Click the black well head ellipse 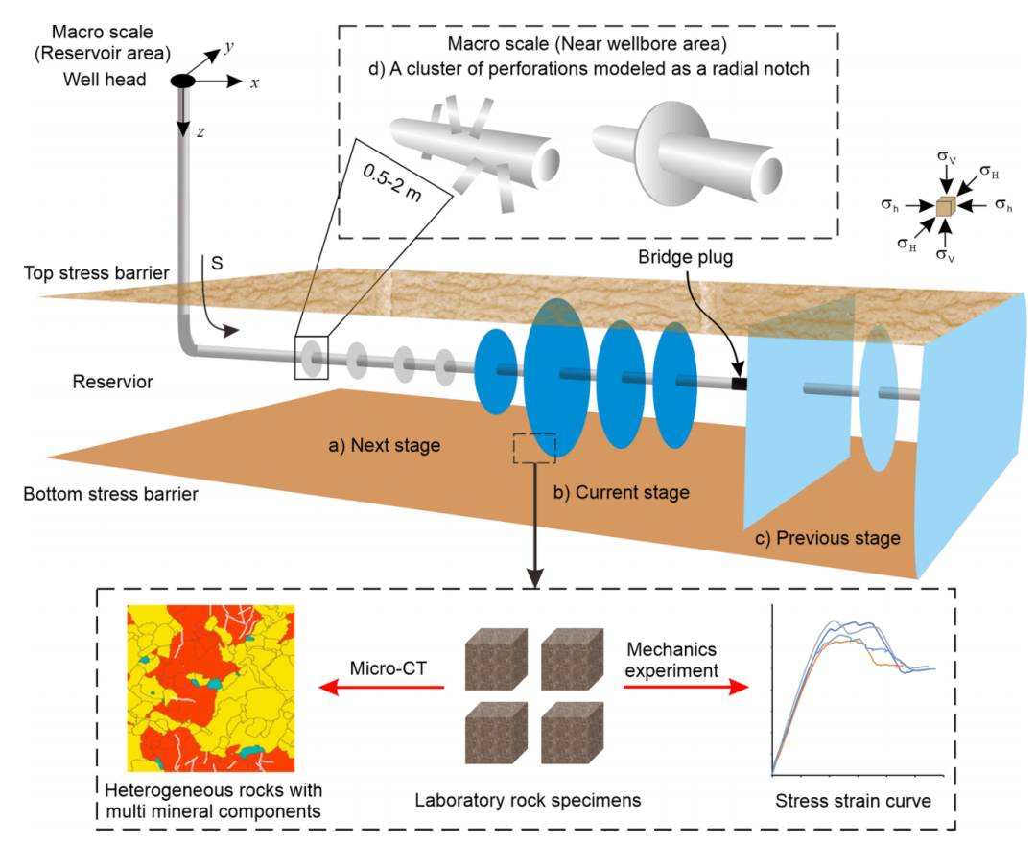point(182,82)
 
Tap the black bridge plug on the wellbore point(739,384)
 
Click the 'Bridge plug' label point(685,257)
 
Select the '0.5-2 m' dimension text point(392,183)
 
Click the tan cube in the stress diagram point(946,206)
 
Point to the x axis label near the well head point(254,83)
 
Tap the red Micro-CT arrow point(381,688)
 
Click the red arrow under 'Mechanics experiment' point(686,687)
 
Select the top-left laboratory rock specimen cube point(496,659)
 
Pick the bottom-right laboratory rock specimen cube point(572,733)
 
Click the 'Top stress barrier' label point(97,273)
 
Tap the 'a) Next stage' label point(385,445)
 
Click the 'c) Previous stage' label point(828,538)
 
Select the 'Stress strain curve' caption point(853,801)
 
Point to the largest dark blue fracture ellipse point(557,378)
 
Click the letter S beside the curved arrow point(217,263)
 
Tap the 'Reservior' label point(113,382)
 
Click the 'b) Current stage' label point(622,492)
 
